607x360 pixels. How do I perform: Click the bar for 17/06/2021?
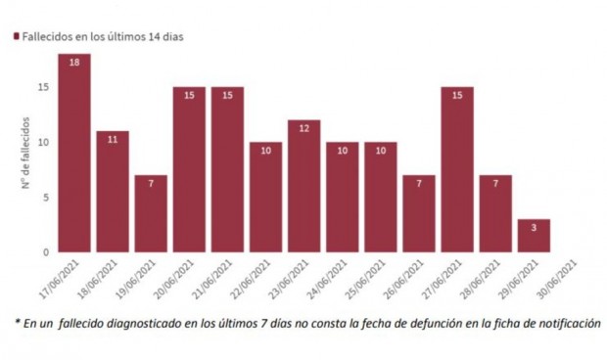point(74,153)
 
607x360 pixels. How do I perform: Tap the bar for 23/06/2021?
point(303,186)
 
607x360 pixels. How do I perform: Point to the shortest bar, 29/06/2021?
point(534,236)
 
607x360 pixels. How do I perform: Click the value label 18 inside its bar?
point(74,61)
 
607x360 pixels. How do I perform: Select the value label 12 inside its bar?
point(303,127)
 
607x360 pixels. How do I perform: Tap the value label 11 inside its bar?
point(113,138)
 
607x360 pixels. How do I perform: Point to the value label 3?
point(534,226)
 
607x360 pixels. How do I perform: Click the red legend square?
point(16,36)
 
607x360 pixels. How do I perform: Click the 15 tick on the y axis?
point(43,87)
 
